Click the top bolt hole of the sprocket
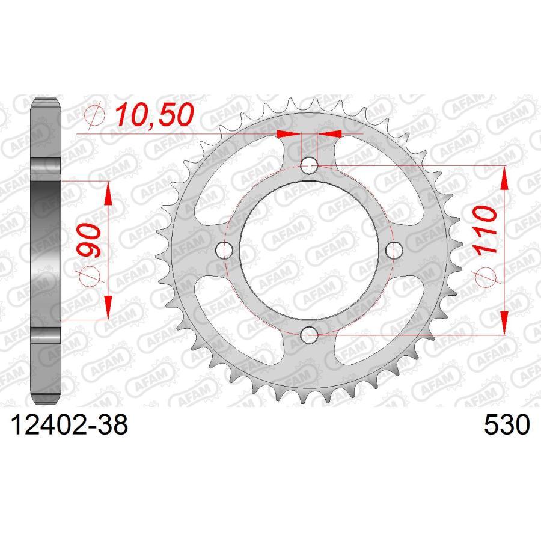[x=309, y=165]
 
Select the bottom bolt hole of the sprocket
[x=309, y=334]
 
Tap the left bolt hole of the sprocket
[x=225, y=249]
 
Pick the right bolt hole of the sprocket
[x=394, y=249]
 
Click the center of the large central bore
[x=309, y=249]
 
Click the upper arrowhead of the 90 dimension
[x=109, y=193]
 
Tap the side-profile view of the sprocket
[x=46, y=249]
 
